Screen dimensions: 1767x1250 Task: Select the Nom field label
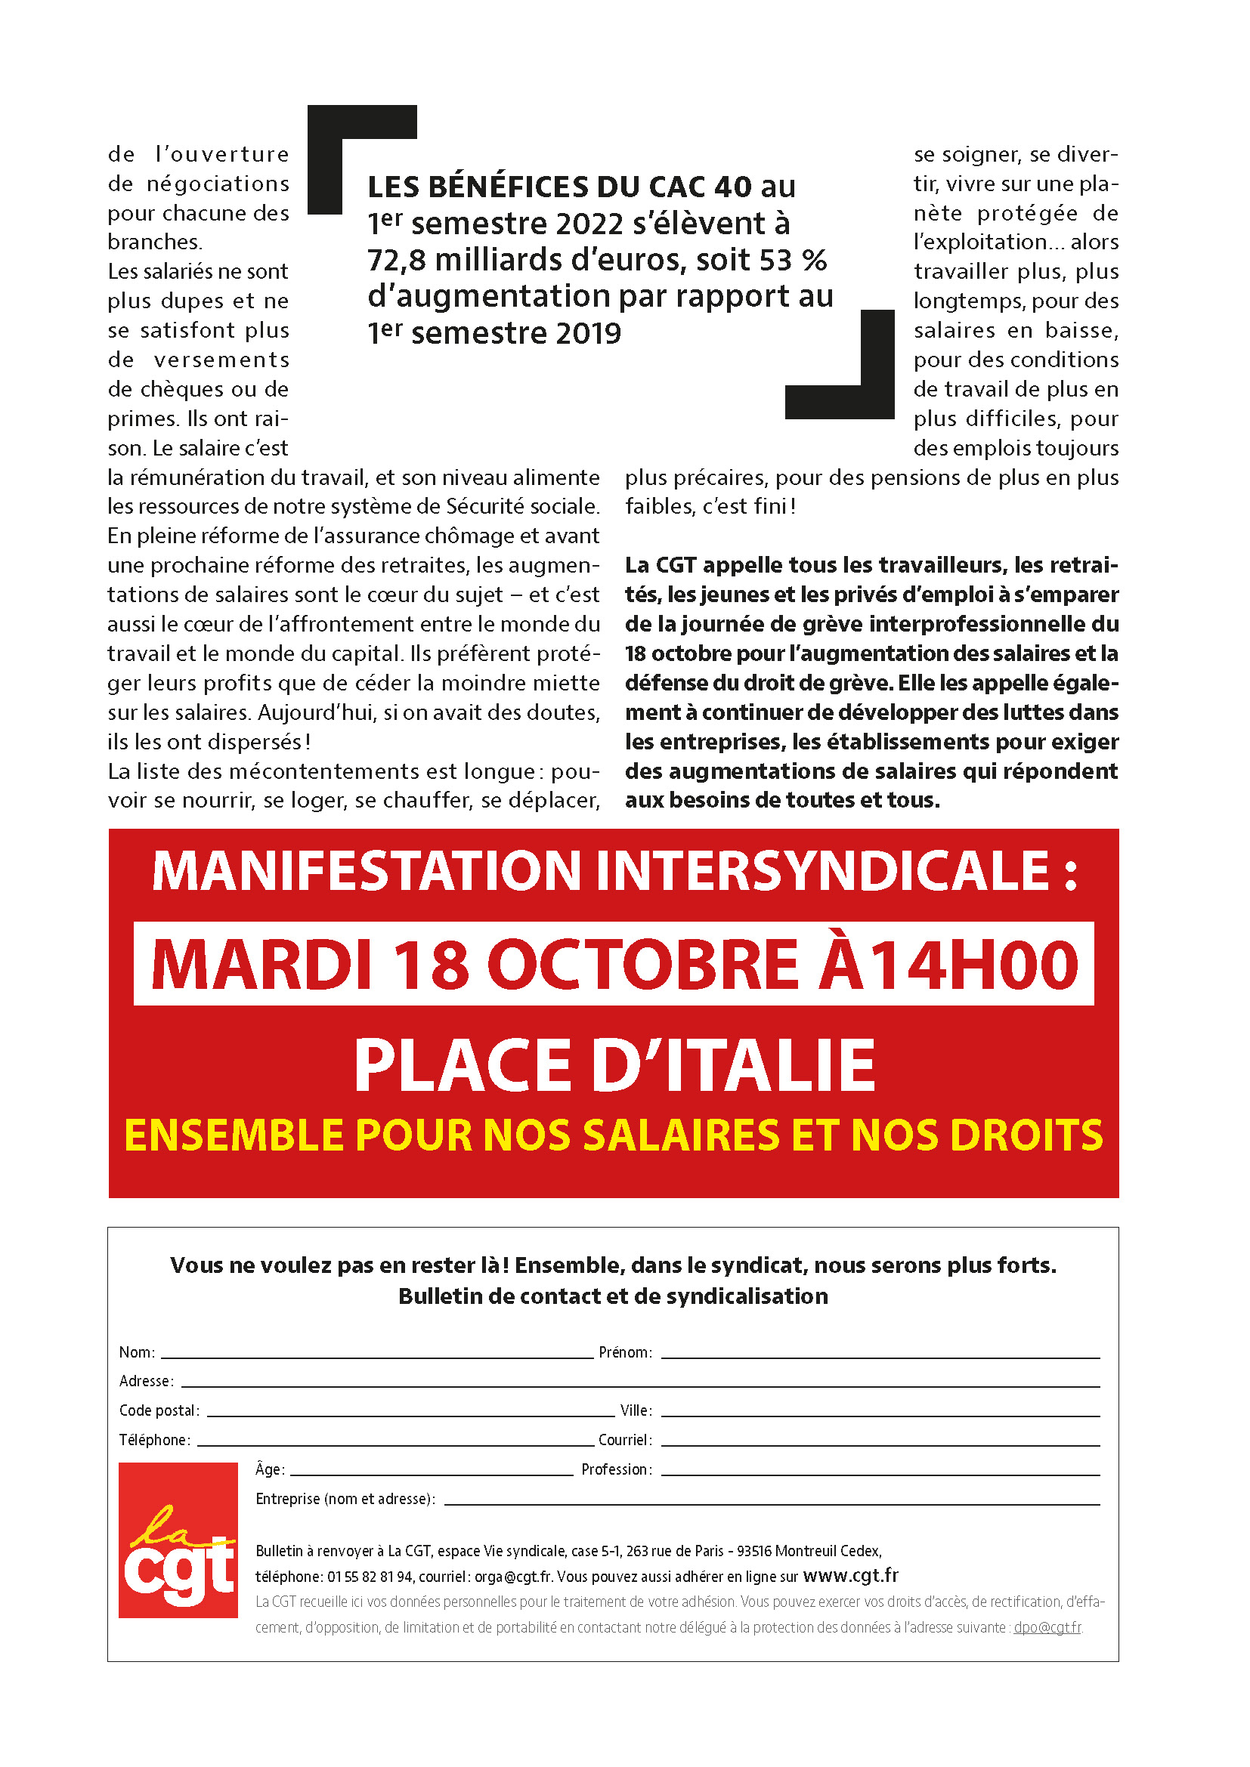pyautogui.click(x=136, y=1352)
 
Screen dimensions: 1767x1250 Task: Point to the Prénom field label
pyautogui.click(x=625, y=1352)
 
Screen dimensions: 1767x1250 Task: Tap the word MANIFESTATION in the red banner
pyautogui.click(x=366, y=871)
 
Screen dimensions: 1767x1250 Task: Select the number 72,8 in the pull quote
pyautogui.click(x=395, y=260)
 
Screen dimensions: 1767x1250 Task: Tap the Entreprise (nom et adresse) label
pyautogui.click(x=345, y=1498)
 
